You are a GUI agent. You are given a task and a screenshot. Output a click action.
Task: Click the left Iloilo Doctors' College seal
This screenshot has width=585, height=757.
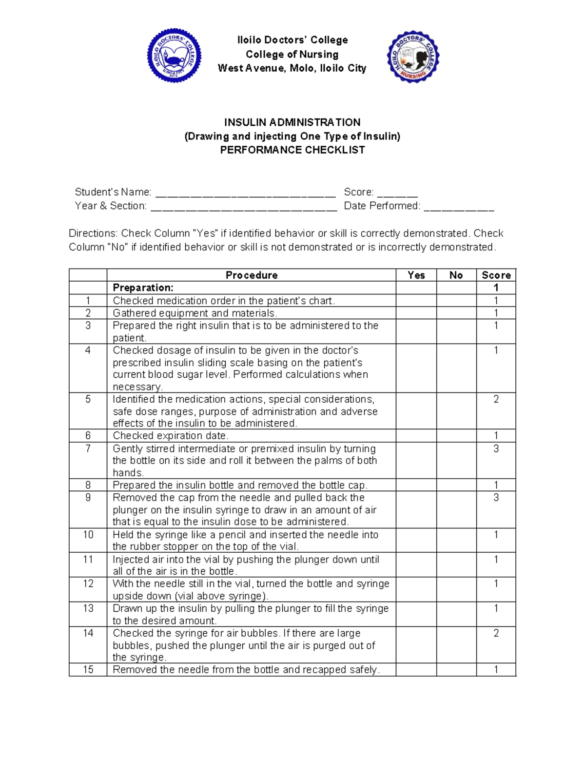174,55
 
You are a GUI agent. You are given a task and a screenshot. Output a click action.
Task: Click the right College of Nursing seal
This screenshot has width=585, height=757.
413,57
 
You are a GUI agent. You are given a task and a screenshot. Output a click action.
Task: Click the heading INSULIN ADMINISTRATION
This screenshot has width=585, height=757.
292,122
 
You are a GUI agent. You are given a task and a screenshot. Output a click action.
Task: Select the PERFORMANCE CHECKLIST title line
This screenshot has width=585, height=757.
292,150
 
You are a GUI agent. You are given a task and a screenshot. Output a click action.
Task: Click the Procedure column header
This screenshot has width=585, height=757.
252,275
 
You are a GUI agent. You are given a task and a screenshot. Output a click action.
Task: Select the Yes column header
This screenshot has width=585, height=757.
416,275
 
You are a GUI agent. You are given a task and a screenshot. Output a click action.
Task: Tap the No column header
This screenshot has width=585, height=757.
456,275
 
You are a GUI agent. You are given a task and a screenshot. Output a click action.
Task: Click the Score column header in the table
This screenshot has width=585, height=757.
496,275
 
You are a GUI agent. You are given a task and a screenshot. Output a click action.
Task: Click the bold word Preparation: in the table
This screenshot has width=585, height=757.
143,288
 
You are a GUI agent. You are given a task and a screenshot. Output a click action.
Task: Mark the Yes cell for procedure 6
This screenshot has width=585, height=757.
416,436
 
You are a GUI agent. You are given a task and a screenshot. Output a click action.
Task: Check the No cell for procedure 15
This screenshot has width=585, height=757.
456,670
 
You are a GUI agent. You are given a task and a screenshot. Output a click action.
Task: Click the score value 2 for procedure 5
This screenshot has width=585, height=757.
496,400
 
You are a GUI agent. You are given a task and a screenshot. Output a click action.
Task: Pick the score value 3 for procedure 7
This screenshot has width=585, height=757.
496,449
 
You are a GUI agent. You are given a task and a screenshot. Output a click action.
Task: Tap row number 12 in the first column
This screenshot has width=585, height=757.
88,584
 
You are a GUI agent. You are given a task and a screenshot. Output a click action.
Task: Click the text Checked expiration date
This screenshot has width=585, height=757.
171,436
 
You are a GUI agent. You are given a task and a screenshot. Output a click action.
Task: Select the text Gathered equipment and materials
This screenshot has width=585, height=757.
195,313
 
